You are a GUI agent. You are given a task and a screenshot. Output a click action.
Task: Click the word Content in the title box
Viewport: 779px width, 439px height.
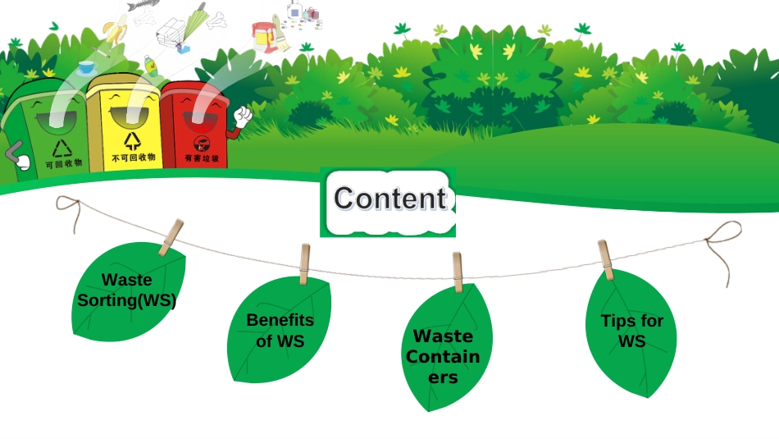coord(389,199)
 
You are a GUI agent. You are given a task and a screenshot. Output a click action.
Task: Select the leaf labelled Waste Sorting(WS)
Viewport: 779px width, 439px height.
coord(127,290)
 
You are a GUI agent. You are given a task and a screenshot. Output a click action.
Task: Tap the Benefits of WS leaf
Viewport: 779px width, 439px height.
coord(280,330)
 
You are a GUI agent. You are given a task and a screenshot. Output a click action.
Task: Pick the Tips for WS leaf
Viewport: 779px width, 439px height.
coord(631,331)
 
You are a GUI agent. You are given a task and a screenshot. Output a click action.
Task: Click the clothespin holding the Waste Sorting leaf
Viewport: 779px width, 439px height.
coord(171,236)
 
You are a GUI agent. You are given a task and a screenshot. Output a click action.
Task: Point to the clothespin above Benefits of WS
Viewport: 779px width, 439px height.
coord(304,263)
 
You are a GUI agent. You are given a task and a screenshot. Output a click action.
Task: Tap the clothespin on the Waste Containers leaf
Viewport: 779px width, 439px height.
coord(458,272)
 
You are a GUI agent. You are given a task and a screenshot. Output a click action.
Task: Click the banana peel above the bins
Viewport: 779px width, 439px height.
coord(114,34)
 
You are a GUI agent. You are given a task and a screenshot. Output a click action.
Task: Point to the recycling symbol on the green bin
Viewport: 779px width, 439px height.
coord(63,148)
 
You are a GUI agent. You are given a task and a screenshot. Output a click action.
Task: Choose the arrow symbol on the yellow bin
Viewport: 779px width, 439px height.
coord(132,139)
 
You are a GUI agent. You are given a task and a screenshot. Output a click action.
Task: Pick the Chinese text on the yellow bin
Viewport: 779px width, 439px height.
coord(133,157)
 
